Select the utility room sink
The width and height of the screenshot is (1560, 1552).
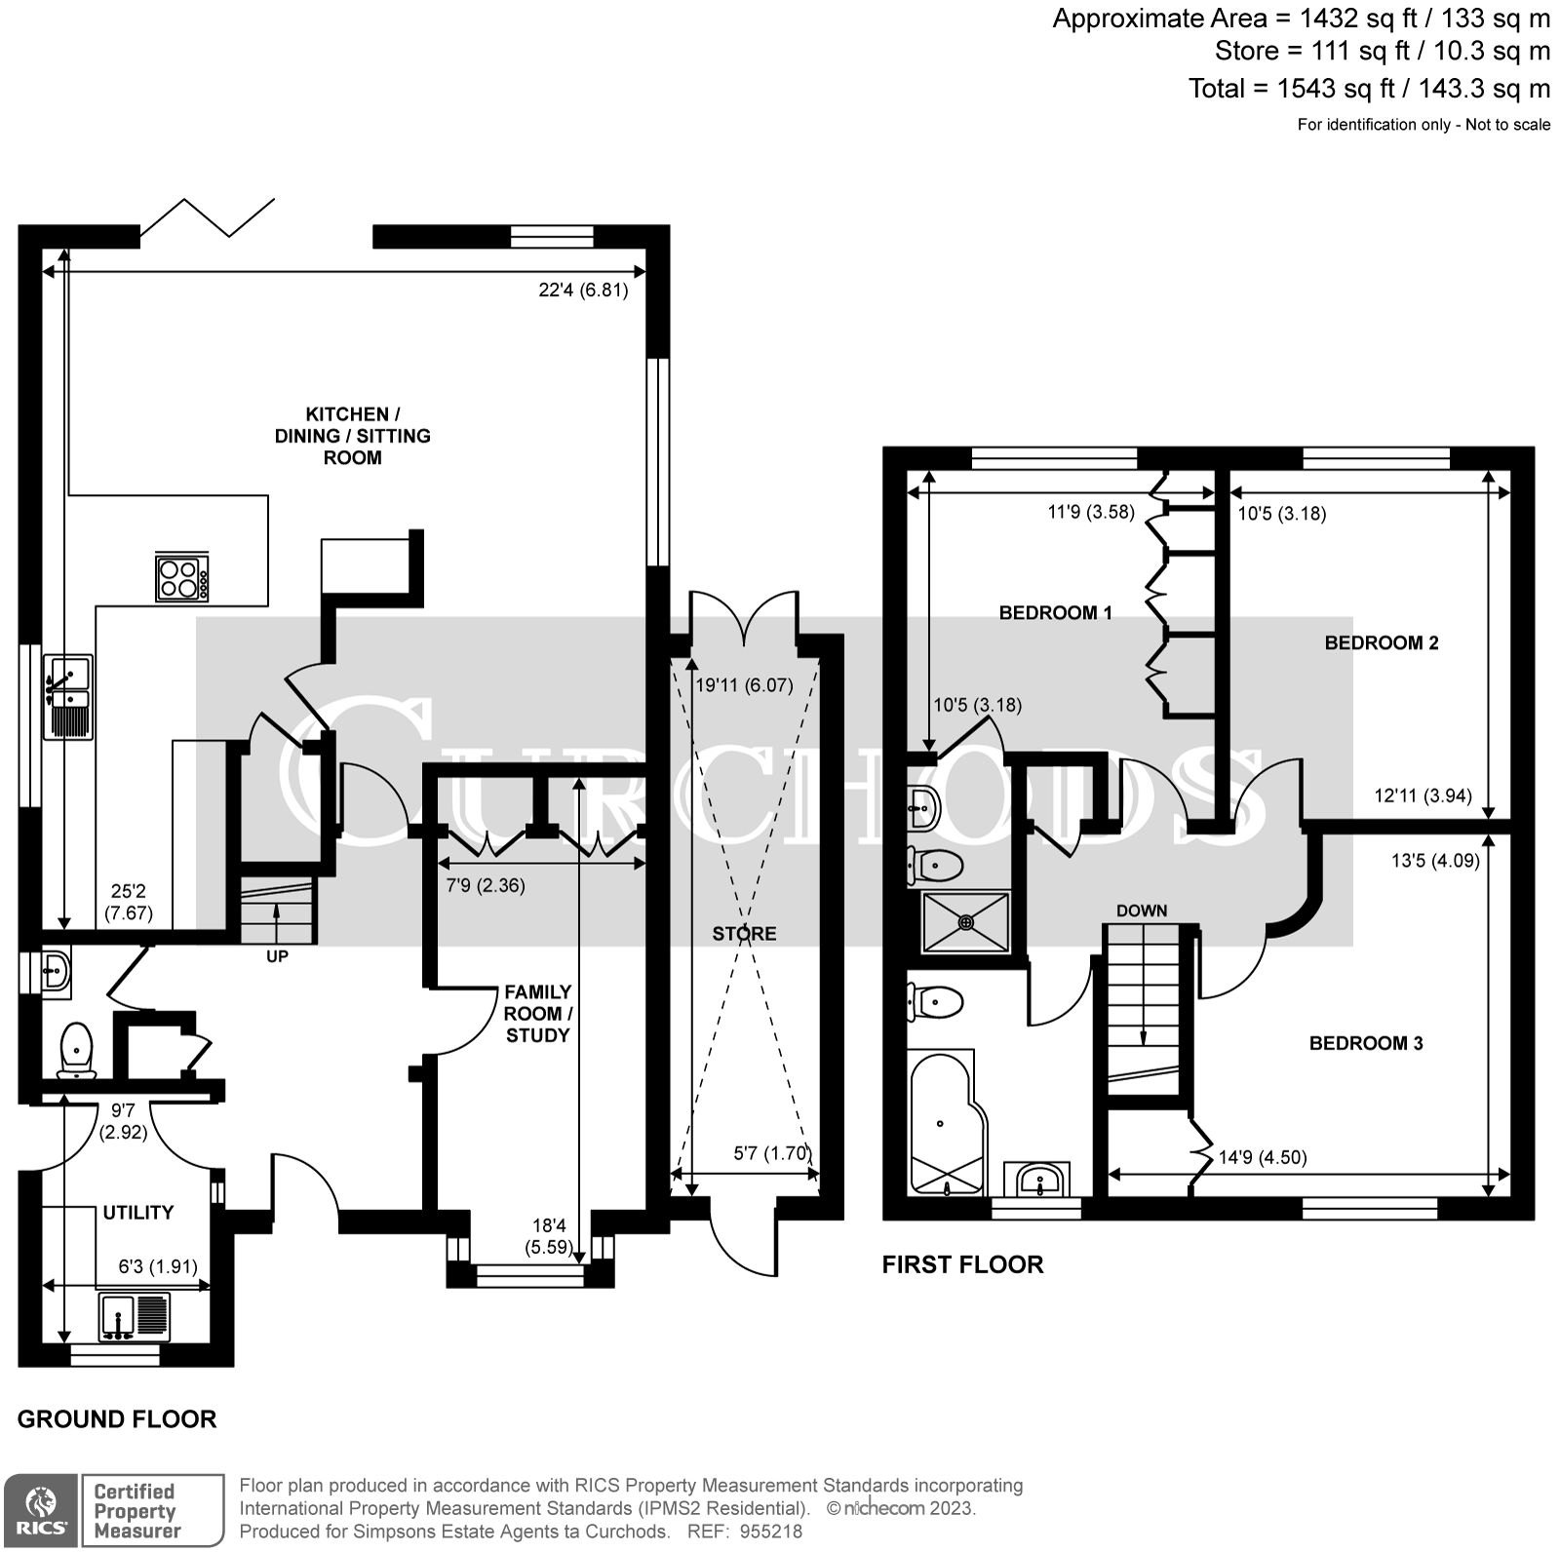(x=134, y=1316)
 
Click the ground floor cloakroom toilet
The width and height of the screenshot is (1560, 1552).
(x=76, y=1049)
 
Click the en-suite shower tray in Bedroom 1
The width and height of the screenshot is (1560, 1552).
(x=966, y=921)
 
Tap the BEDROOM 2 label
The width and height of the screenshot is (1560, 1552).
(x=1381, y=642)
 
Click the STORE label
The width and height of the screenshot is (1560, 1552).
(x=744, y=934)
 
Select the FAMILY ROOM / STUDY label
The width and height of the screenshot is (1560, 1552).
(x=537, y=1014)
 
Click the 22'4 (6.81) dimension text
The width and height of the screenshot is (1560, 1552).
(x=583, y=290)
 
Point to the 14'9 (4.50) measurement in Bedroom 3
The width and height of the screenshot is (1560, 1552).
(x=1262, y=1157)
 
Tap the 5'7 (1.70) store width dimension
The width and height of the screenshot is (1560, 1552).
(x=771, y=1153)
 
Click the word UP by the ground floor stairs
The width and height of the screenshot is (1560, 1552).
(x=277, y=956)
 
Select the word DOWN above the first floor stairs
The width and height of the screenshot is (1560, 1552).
(x=1141, y=911)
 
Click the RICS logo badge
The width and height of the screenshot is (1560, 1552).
(x=40, y=1509)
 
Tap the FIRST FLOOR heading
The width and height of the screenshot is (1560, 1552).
(x=962, y=1264)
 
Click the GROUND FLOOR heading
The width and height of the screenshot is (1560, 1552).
(x=117, y=1419)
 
